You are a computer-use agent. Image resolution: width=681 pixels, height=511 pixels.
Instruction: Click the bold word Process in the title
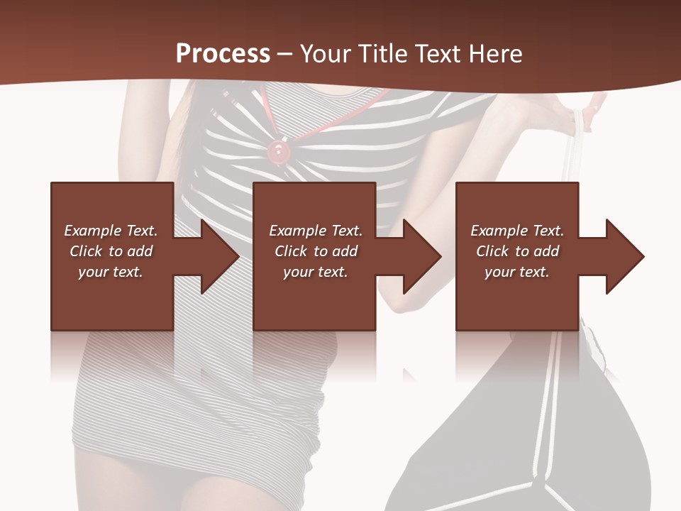223,53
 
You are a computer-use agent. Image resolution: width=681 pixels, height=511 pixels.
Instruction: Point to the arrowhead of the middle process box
421,256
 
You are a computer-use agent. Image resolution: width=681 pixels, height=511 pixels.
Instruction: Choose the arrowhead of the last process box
624,256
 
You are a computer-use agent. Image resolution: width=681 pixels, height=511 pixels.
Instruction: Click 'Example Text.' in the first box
111,231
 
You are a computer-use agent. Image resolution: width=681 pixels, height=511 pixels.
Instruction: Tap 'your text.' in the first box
111,272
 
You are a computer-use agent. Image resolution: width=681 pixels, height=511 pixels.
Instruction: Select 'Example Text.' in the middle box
316,231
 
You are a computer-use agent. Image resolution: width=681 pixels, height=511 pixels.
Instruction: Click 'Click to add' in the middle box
316,251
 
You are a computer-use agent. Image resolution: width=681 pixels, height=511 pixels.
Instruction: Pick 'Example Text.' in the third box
517,231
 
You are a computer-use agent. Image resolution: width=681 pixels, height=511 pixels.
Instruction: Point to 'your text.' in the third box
517,272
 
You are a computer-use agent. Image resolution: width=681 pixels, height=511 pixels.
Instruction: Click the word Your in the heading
325,53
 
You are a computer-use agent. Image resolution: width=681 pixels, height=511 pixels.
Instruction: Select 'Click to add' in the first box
111,251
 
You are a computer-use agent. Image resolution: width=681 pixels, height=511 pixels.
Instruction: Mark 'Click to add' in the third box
517,251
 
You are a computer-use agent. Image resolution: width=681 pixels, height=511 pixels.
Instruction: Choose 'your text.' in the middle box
316,272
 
